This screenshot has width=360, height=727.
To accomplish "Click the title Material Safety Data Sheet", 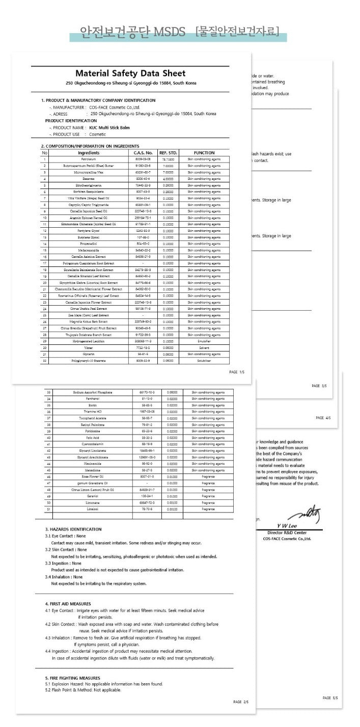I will (x=130, y=74).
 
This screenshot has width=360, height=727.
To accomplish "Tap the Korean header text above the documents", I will (x=179, y=32).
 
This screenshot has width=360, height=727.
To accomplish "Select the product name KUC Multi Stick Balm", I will (x=109, y=127).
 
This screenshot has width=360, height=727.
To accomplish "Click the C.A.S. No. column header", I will (x=143, y=153).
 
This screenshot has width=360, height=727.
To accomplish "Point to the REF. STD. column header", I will (x=168, y=153).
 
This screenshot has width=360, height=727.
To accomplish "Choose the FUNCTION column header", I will (x=204, y=153).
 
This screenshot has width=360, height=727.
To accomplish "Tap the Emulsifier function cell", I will (x=204, y=341).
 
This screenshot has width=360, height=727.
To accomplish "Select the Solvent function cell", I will (x=204, y=347).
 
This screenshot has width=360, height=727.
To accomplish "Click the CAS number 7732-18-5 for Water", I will (x=143, y=347).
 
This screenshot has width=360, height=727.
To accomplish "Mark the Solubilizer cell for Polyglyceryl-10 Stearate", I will (x=204, y=360).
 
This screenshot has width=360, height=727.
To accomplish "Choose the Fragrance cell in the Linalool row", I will (x=208, y=509).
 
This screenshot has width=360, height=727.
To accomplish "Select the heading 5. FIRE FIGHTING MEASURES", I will (x=72, y=678).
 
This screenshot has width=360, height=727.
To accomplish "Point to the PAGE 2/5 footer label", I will (x=241, y=702).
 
